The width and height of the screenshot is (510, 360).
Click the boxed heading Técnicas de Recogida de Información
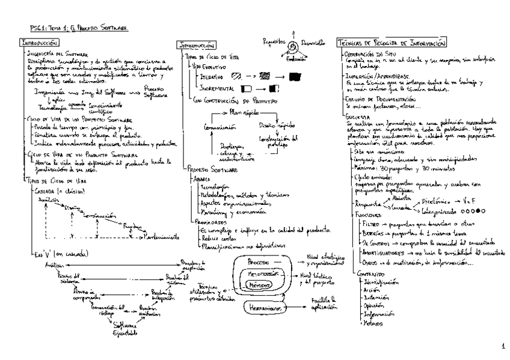tap(392, 43)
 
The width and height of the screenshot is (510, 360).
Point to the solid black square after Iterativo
tap(295, 76)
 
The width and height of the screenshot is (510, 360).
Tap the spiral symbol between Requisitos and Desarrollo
tap(293, 46)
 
